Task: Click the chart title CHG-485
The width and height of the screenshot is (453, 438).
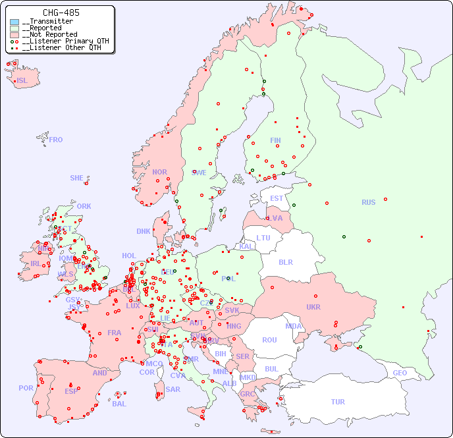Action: [x=61, y=13]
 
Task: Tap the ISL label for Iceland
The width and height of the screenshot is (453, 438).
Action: [x=22, y=81]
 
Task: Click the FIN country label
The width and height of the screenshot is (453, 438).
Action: [x=275, y=140]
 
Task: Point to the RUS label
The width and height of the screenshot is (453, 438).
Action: [x=368, y=202]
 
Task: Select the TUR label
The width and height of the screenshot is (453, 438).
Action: [x=338, y=402]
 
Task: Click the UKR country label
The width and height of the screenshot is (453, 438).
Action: [x=313, y=307]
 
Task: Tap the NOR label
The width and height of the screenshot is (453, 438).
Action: [x=159, y=172]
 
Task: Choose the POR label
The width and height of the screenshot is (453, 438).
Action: [x=26, y=388]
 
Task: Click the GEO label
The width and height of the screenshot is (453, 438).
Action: [x=400, y=373]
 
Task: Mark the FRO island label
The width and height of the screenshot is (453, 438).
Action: [x=56, y=140]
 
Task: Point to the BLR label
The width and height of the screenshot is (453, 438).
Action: [x=285, y=261]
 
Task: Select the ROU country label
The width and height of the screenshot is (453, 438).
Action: [x=269, y=340]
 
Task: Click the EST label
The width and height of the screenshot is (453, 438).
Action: [x=277, y=198]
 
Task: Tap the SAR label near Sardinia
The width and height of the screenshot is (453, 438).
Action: [x=173, y=389]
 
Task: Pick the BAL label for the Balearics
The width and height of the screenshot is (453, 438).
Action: [x=119, y=404]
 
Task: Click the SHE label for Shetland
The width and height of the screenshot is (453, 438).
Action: [x=77, y=178]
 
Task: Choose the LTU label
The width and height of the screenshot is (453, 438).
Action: [x=263, y=238]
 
